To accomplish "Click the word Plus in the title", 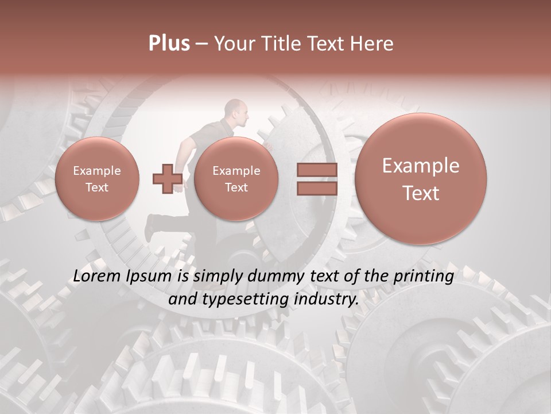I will click(169, 44).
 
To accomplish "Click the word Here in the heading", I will click(372, 44).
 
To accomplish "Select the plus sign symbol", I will click(168, 178).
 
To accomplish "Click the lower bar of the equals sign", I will click(316, 189).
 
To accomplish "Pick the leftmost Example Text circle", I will click(96, 179).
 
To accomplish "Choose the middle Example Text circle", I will click(236, 179).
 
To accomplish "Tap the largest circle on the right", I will click(421, 179).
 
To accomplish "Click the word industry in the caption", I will click(326, 299).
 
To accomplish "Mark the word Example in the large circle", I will click(421, 166).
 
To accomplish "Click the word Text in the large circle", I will click(421, 193).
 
